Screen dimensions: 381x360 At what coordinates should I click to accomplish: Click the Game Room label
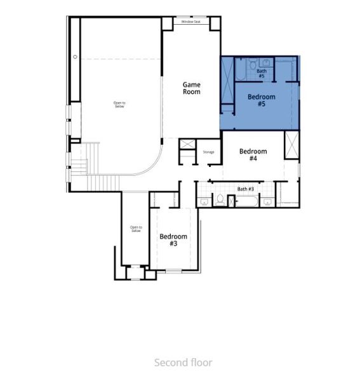[191, 88]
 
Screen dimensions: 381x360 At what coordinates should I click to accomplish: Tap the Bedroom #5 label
[261, 100]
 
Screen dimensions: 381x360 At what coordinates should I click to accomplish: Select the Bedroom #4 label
[253, 155]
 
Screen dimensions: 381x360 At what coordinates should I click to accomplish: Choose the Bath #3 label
[246, 189]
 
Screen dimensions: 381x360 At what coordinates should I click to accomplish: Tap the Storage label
[208, 152]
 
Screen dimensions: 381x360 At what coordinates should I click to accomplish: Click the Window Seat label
[190, 22]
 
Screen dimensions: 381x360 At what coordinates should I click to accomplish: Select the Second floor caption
[183, 363]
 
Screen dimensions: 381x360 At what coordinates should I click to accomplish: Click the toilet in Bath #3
[219, 201]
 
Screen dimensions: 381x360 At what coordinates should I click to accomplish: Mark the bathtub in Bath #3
[246, 202]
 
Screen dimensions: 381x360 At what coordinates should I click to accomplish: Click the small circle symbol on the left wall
[76, 57]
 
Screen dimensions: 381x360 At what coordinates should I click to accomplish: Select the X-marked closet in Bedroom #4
[291, 147]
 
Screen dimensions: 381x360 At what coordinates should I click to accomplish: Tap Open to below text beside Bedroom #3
[135, 229]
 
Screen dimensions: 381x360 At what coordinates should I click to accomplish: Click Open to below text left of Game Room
[119, 105]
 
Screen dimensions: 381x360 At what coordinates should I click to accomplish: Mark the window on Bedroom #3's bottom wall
[173, 271]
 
